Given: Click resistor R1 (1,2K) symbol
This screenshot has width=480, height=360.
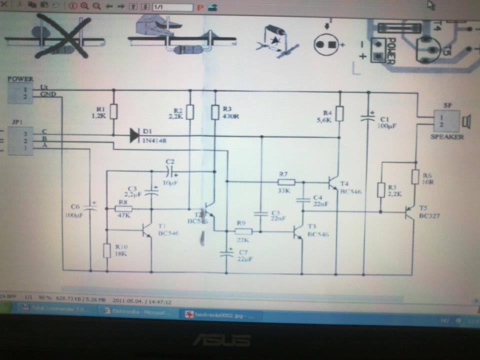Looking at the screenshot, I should point(113,111).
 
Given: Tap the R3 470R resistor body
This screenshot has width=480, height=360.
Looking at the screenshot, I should point(215,112).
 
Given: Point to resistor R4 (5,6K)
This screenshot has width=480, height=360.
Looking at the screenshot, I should point(339,113).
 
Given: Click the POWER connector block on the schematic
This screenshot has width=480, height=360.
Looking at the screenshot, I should point(20,93).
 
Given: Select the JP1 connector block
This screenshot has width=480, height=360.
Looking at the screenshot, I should point(20,140).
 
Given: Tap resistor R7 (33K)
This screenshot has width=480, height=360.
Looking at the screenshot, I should point(285,182).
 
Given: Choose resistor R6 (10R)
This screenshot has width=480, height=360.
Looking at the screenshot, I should point(415,177).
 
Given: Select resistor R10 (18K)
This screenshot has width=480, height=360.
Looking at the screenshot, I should point(107,250).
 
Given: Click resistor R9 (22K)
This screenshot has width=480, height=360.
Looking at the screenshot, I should point(243,231).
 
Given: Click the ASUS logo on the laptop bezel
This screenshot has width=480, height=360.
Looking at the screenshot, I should point(221,340).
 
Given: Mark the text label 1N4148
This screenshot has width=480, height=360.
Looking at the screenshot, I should point(154,141).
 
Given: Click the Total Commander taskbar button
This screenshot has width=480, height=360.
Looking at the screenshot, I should point(55,309).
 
